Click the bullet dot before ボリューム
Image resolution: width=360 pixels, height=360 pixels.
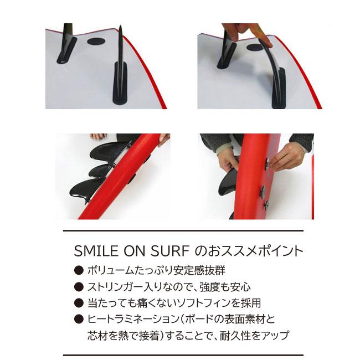click(x=79, y=270)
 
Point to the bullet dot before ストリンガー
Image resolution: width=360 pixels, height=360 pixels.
click(x=79, y=286)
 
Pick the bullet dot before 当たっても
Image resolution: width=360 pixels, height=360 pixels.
click(x=79, y=302)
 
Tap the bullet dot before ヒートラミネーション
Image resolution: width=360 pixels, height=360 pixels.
click(x=79, y=318)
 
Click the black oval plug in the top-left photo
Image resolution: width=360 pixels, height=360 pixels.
click(x=96, y=42)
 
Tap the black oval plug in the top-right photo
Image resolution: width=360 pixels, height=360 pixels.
click(x=255, y=47)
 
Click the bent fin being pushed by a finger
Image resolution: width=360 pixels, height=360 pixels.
click(x=272, y=69)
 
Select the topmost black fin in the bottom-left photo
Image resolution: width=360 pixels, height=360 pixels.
click(x=108, y=151)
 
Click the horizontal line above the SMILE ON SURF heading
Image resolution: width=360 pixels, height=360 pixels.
click(x=183, y=230)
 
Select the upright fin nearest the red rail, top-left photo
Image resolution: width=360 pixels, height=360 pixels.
click(x=120, y=69)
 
